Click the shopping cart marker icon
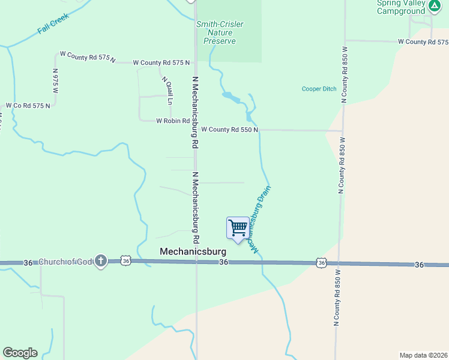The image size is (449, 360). coord(238,228)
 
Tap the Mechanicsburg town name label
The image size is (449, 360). coord(192,251)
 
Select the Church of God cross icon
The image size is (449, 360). coord(101,261)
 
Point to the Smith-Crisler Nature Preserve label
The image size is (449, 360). coord(219,32)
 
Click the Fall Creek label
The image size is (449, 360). coord(53,23)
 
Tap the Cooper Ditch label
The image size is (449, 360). coord(319,89)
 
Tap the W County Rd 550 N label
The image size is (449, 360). coord(229,130)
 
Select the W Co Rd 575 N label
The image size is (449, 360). coord(28,106)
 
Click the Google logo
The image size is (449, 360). coord(20,353)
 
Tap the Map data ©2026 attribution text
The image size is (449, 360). coord(423,355)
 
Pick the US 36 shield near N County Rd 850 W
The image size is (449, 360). coord(322,263)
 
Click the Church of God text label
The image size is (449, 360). coord(66,262)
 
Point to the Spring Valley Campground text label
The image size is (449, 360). coord(401,7)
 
